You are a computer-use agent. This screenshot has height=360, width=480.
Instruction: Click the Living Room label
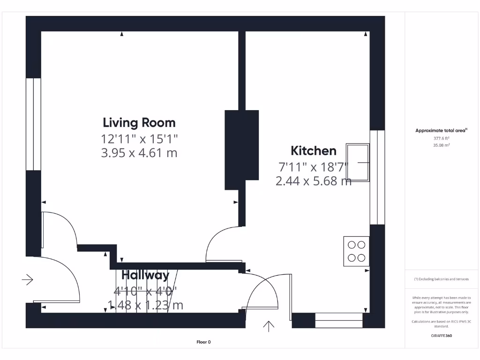coord(139,123)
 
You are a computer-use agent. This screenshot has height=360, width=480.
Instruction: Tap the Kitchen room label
coord(314,151)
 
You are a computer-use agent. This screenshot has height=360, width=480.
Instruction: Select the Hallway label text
coord(145,275)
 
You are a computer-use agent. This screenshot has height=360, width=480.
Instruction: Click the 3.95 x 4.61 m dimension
coord(139,153)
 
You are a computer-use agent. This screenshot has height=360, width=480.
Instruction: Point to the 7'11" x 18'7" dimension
coord(314,166)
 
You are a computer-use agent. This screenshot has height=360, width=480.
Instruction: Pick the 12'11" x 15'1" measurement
coord(139,139)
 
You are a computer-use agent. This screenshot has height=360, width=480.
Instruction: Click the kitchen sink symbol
coord(357,162)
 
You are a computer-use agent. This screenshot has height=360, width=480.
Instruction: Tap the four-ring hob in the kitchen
coord(356,251)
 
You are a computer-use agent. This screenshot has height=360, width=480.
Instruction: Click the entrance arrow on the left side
coord(28,280)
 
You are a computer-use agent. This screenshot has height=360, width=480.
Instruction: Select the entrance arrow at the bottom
coord(269,326)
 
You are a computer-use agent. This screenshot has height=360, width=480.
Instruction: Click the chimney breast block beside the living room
coord(242,150)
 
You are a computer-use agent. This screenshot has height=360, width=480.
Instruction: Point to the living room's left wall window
coord(33,124)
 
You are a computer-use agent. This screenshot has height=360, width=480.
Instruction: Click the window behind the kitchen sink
coord(377,177)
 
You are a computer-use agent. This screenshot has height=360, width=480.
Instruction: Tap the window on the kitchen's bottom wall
coord(338,321)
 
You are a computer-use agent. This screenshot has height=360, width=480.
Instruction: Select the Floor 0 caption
coord(203,342)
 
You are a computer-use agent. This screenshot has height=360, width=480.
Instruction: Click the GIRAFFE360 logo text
coord(441,336)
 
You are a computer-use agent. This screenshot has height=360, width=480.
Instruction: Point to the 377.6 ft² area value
coord(441,138)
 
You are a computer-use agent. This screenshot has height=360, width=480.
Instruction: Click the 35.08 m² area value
coord(441,145)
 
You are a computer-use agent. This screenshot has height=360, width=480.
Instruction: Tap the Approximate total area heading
coord(441,131)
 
